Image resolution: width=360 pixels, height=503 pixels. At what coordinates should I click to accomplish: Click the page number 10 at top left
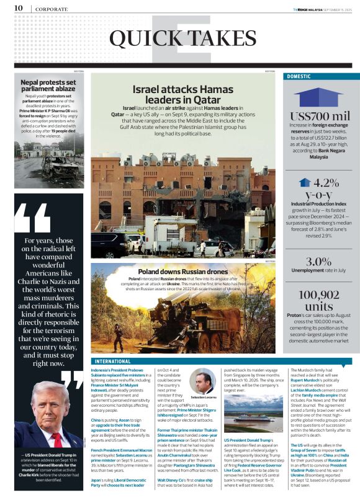click(18, 8)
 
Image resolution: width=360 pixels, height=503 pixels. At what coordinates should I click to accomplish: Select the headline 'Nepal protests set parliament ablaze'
click(48, 84)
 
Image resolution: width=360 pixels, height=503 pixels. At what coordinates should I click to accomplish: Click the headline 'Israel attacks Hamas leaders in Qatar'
click(176, 94)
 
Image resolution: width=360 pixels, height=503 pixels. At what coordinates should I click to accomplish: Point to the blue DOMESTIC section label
click(298, 76)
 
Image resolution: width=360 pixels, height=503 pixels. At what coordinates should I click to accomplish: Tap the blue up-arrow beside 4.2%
click(304, 183)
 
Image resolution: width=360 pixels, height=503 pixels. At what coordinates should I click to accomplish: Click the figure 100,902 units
click(319, 300)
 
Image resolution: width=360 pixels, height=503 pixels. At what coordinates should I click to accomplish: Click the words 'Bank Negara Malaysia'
click(319, 153)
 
